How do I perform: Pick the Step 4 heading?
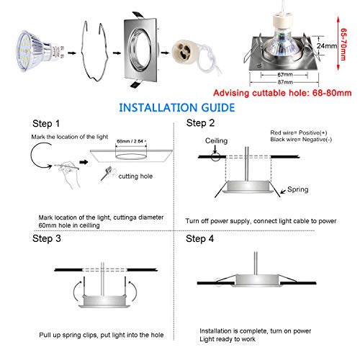202,238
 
